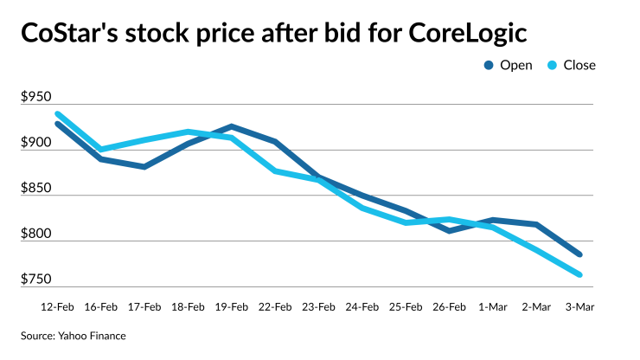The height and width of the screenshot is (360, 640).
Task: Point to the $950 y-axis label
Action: tap(37, 97)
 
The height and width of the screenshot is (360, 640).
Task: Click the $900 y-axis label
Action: tap(37, 143)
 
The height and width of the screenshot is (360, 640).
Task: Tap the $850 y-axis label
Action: tap(37, 188)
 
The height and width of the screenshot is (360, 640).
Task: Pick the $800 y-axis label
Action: tap(37, 234)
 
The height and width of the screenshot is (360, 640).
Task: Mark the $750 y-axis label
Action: tap(37, 279)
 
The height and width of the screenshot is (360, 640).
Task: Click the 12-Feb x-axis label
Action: tap(58, 306)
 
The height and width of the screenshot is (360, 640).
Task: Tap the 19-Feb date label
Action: tap(232, 306)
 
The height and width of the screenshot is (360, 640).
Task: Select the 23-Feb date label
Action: tap(318, 306)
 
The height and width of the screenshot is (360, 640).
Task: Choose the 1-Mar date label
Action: tap(493, 306)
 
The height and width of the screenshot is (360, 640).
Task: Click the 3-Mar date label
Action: tap(579, 306)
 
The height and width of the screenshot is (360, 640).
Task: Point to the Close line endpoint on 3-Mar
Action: tap(579, 275)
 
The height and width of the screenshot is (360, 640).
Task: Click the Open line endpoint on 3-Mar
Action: tap(579, 254)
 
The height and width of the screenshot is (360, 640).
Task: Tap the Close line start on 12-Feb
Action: tap(58, 114)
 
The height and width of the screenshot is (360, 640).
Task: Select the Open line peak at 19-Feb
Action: tap(232, 126)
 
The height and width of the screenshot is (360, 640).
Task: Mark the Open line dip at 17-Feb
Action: tap(144, 167)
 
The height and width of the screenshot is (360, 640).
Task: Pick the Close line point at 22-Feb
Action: tap(275, 171)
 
